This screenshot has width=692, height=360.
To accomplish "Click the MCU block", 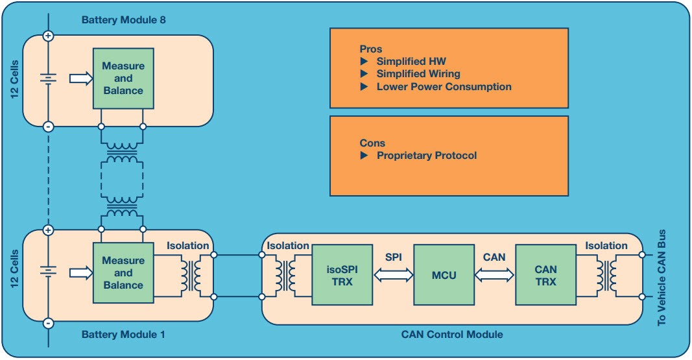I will pyautogui.click(x=444, y=275).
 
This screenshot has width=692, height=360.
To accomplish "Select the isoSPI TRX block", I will pyautogui.click(x=341, y=275).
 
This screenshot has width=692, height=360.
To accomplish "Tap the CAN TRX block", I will pyautogui.click(x=545, y=275).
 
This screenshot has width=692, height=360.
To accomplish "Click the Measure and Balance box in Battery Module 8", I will pyautogui.click(x=123, y=78).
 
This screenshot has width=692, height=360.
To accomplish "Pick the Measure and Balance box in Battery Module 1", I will pyautogui.click(x=123, y=273).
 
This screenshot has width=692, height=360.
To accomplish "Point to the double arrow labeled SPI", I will pyautogui.click(x=392, y=275).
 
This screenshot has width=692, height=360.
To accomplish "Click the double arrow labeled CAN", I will pyautogui.click(x=494, y=275).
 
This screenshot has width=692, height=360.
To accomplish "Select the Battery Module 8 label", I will pyautogui.click(x=123, y=20).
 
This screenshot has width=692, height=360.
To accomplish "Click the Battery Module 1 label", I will pyautogui.click(x=123, y=335).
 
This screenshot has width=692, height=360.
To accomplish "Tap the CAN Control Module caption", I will pyautogui.click(x=451, y=335).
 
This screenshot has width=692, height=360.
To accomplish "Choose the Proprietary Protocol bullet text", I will pyautogui.click(x=426, y=156).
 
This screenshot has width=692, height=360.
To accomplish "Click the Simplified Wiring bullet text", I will pyautogui.click(x=418, y=74).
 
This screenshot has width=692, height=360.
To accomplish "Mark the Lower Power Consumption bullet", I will pyautogui.click(x=444, y=86).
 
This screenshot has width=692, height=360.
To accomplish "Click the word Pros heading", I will pyautogui.click(x=370, y=49).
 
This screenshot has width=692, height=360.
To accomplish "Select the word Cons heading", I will pyautogui.click(x=372, y=143).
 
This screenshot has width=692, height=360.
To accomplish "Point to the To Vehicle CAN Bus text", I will pyautogui.click(x=662, y=278).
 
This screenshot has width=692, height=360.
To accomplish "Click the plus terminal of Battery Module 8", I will pyautogui.click(x=47, y=36).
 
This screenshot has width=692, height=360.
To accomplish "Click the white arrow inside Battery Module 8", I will pyautogui.click(x=80, y=78).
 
